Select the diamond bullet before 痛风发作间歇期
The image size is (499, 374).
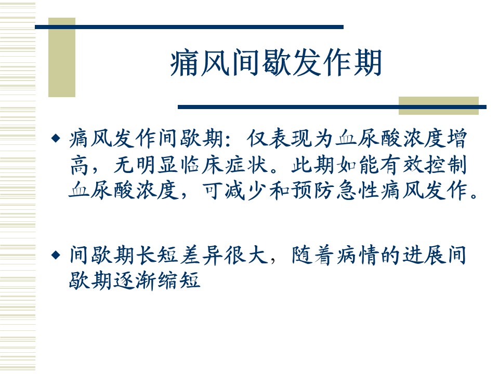(56, 138)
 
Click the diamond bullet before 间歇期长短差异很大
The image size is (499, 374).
(56, 255)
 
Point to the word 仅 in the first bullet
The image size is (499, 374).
(257, 138)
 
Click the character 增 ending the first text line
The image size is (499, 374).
(457, 138)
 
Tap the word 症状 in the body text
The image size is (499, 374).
(246, 165)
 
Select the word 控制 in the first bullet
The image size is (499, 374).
(445, 165)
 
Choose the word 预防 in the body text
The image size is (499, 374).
(313, 191)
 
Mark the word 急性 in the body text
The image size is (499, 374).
(358, 191)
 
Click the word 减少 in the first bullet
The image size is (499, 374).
(246, 191)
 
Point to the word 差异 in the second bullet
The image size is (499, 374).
(202, 255)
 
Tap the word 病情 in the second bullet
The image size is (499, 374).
(358, 255)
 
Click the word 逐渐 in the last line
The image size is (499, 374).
(135, 280)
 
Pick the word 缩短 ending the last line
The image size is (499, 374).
(179, 280)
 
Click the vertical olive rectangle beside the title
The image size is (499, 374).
(62, 57)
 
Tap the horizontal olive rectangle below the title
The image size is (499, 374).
(439, 105)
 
